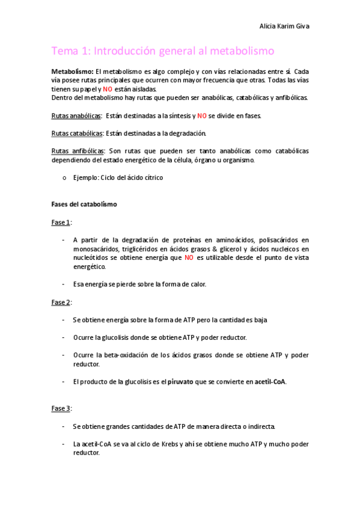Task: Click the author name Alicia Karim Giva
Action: click(x=284, y=27)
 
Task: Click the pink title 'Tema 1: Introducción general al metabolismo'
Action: click(x=162, y=51)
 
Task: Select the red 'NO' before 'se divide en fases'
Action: click(x=202, y=115)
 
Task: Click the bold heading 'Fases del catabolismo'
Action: click(x=84, y=204)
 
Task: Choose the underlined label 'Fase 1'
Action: click(x=61, y=223)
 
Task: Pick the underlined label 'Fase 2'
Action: click(x=61, y=302)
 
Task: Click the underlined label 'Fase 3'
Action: click(x=61, y=408)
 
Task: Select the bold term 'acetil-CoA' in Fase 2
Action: click(x=270, y=381)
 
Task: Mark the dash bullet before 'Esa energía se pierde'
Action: click(x=64, y=284)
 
